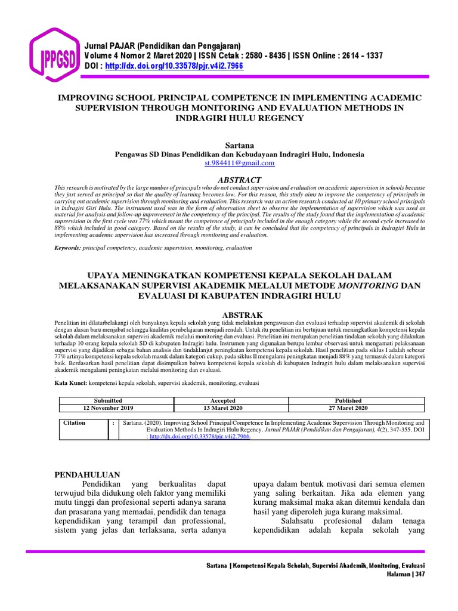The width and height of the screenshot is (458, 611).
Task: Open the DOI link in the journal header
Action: tap(174, 66)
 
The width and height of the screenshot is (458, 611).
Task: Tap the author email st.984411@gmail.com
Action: tap(239, 163)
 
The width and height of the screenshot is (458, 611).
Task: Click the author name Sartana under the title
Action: tap(239, 145)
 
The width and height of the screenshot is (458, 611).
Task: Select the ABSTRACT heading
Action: tap(239, 180)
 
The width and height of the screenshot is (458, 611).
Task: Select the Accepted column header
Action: tap(222, 400)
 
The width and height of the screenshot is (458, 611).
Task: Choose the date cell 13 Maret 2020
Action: tap(222, 408)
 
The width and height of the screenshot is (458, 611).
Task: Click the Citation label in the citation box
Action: tap(75, 422)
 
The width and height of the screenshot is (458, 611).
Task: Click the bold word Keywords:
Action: tap(67, 246)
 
